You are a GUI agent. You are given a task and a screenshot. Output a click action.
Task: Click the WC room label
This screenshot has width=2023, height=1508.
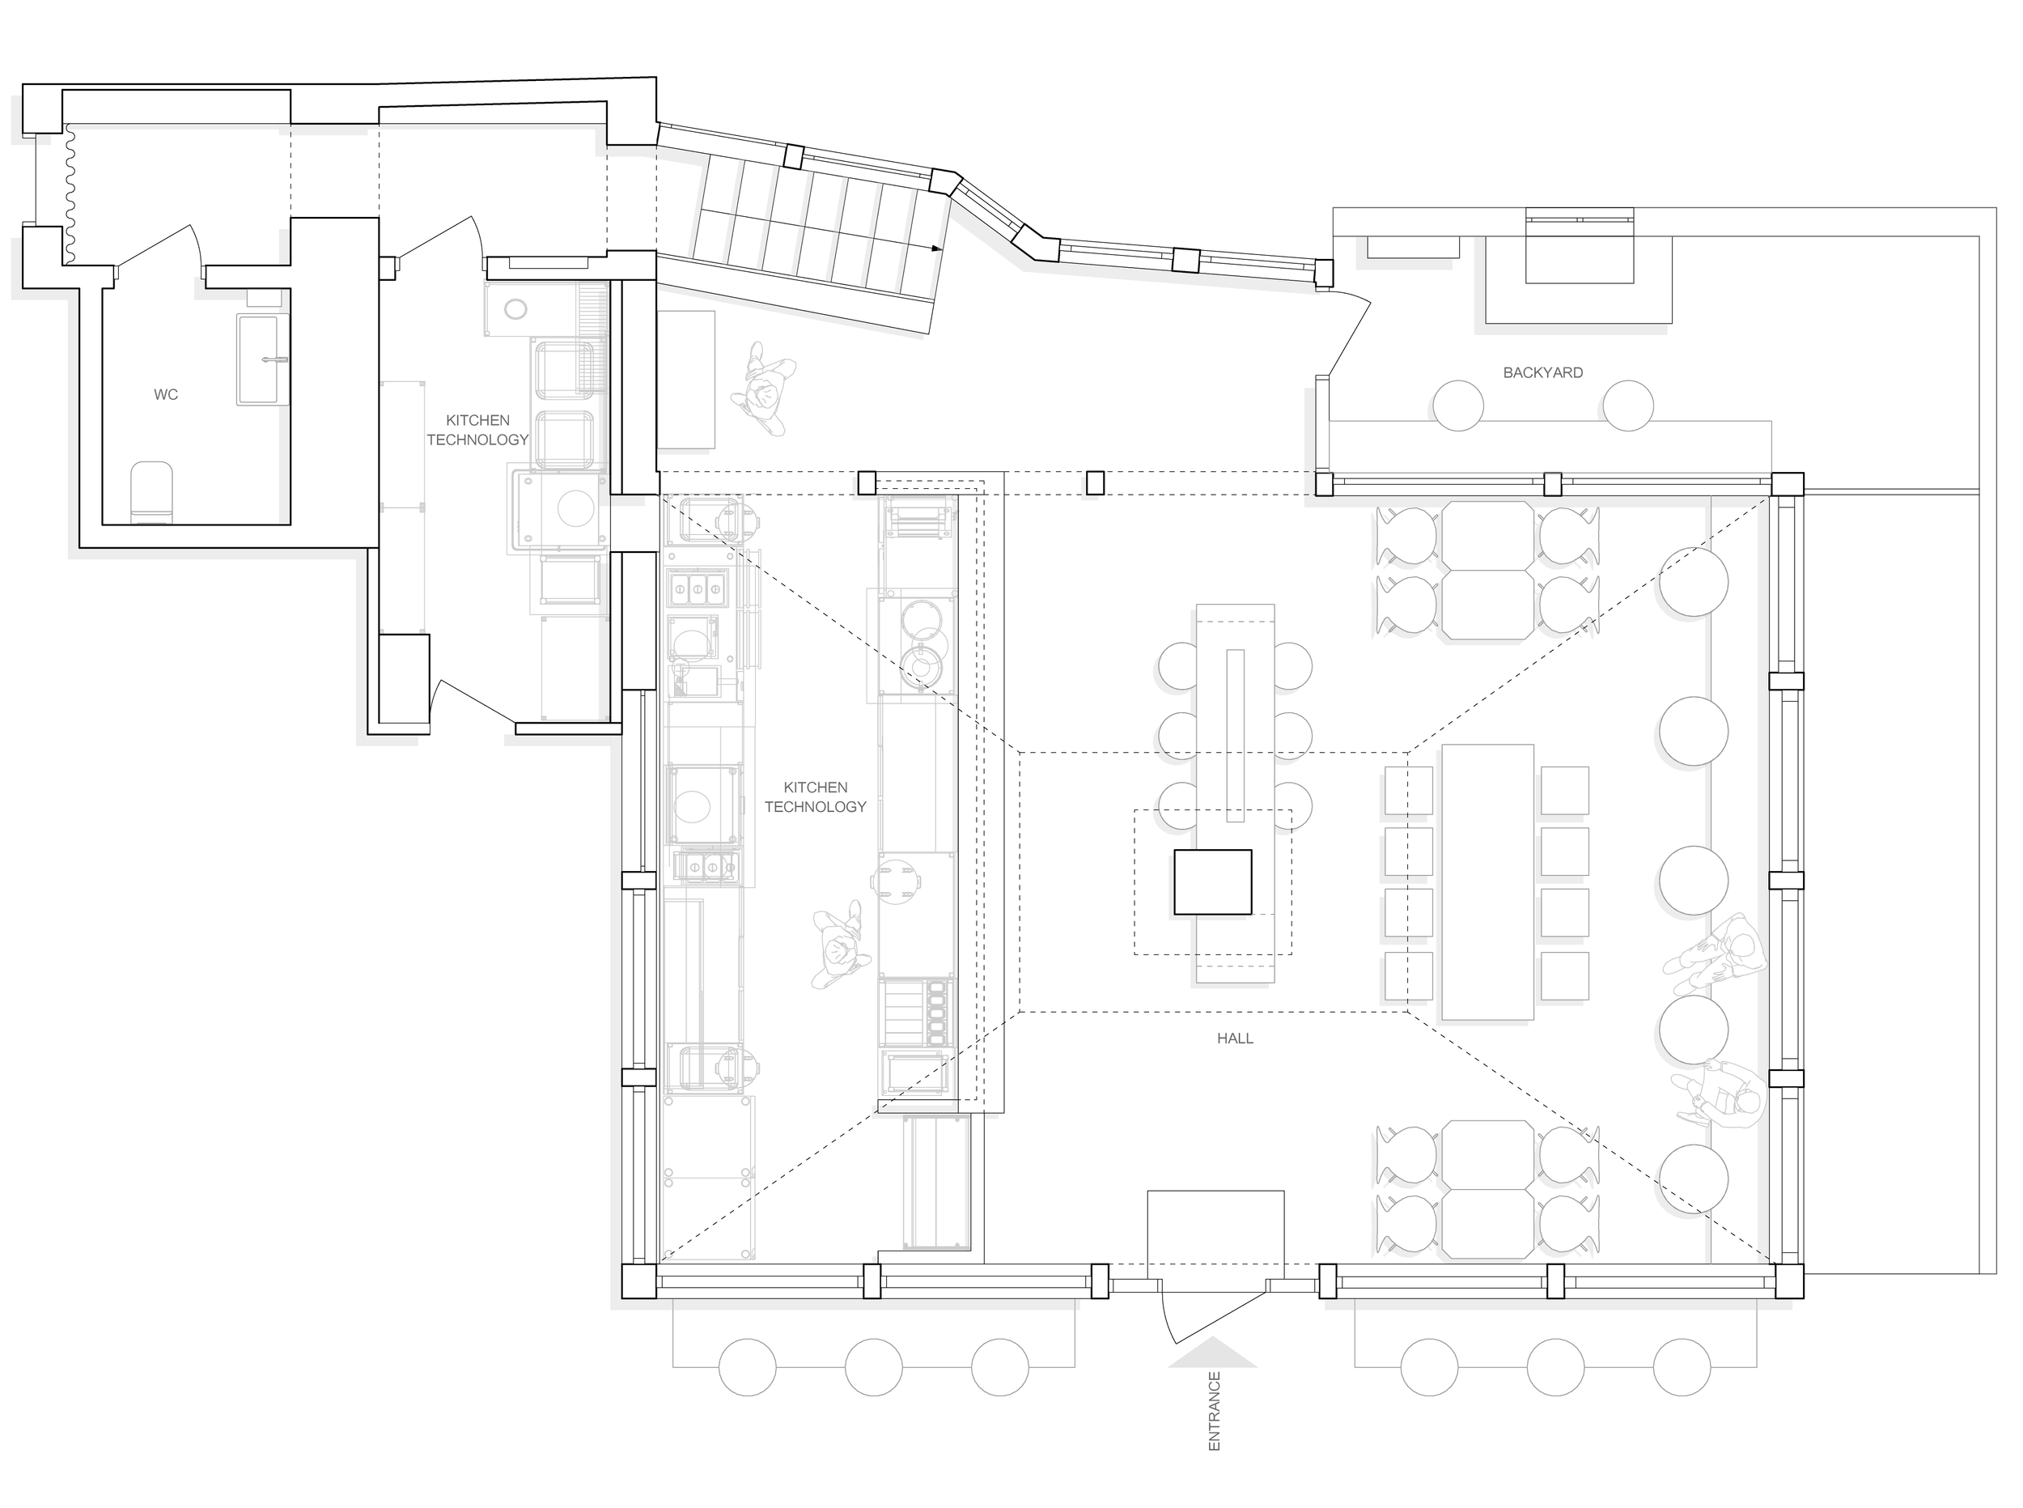pos(165,394)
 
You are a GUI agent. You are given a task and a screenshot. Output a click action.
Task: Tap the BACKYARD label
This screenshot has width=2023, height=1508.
pos(1542,372)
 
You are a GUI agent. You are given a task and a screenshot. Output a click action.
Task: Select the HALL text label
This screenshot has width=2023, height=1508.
pos(1235,1038)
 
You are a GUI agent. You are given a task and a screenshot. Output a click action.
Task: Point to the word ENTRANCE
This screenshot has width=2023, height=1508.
pos(1214,1411)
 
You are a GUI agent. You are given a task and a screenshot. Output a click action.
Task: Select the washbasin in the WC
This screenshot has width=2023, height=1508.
pos(263,359)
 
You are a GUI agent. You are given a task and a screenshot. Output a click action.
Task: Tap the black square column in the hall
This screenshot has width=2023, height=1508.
pos(1212,881)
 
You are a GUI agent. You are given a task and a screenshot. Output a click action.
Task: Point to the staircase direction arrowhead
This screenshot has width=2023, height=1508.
pos(936,248)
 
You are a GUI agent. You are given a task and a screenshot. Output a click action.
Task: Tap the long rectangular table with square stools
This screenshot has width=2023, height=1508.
pos(1487,881)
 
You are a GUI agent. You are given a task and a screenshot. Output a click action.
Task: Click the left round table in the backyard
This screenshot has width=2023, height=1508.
pos(1457,406)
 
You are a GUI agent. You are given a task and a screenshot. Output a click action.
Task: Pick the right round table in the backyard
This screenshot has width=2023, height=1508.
pos(1628,406)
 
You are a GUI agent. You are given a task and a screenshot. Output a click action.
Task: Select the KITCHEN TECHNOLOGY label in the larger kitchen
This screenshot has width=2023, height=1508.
pos(815,796)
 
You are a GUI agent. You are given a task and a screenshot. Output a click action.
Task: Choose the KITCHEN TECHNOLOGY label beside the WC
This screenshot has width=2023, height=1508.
pos(477,429)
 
